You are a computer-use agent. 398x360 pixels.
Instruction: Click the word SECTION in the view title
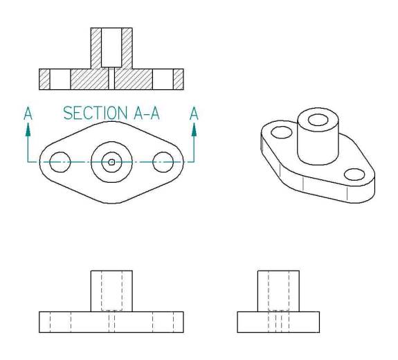pyautogui.click(x=96, y=113)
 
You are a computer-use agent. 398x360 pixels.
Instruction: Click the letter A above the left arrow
pyautogui.click(x=28, y=114)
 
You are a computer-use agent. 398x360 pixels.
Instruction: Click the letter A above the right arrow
pyautogui.click(x=194, y=114)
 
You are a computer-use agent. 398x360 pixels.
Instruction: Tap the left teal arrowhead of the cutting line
pyautogui.click(x=28, y=129)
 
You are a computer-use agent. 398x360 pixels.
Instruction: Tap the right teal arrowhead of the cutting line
pyautogui.click(x=195, y=129)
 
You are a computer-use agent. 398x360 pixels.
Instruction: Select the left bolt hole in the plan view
pyautogui.click(x=60, y=162)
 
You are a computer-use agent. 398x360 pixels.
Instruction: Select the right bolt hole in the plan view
pyautogui.click(x=163, y=162)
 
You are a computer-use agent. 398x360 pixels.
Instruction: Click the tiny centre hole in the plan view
pyautogui.click(x=111, y=162)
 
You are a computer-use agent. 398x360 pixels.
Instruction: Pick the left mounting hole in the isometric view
pyautogui.click(x=282, y=132)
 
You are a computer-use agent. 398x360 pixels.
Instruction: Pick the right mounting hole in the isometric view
pyautogui.click(x=354, y=174)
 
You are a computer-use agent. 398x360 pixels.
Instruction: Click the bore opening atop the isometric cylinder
pyautogui.click(x=318, y=120)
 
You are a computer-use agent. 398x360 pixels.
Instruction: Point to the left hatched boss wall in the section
pyautogui.click(x=96, y=48)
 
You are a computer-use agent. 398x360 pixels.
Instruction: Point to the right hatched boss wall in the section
pyautogui.click(x=127, y=48)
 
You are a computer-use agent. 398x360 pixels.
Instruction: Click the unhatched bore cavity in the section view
pyautogui.click(x=111, y=48)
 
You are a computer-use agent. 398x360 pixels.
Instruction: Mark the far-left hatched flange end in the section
pyautogui.click(x=44, y=79)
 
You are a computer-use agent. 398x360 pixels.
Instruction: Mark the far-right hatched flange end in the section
pyautogui.click(x=179, y=79)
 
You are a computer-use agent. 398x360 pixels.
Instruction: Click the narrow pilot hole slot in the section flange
pyautogui.click(x=111, y=78)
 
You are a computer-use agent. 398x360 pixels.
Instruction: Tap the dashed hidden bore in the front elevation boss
pyautogui.click(x=111, y=291)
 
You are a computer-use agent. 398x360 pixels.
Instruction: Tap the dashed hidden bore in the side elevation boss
pyautogui.click(x=278, y=291)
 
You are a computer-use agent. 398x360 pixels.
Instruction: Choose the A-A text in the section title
pyautogui.click(x=147, y=113)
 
